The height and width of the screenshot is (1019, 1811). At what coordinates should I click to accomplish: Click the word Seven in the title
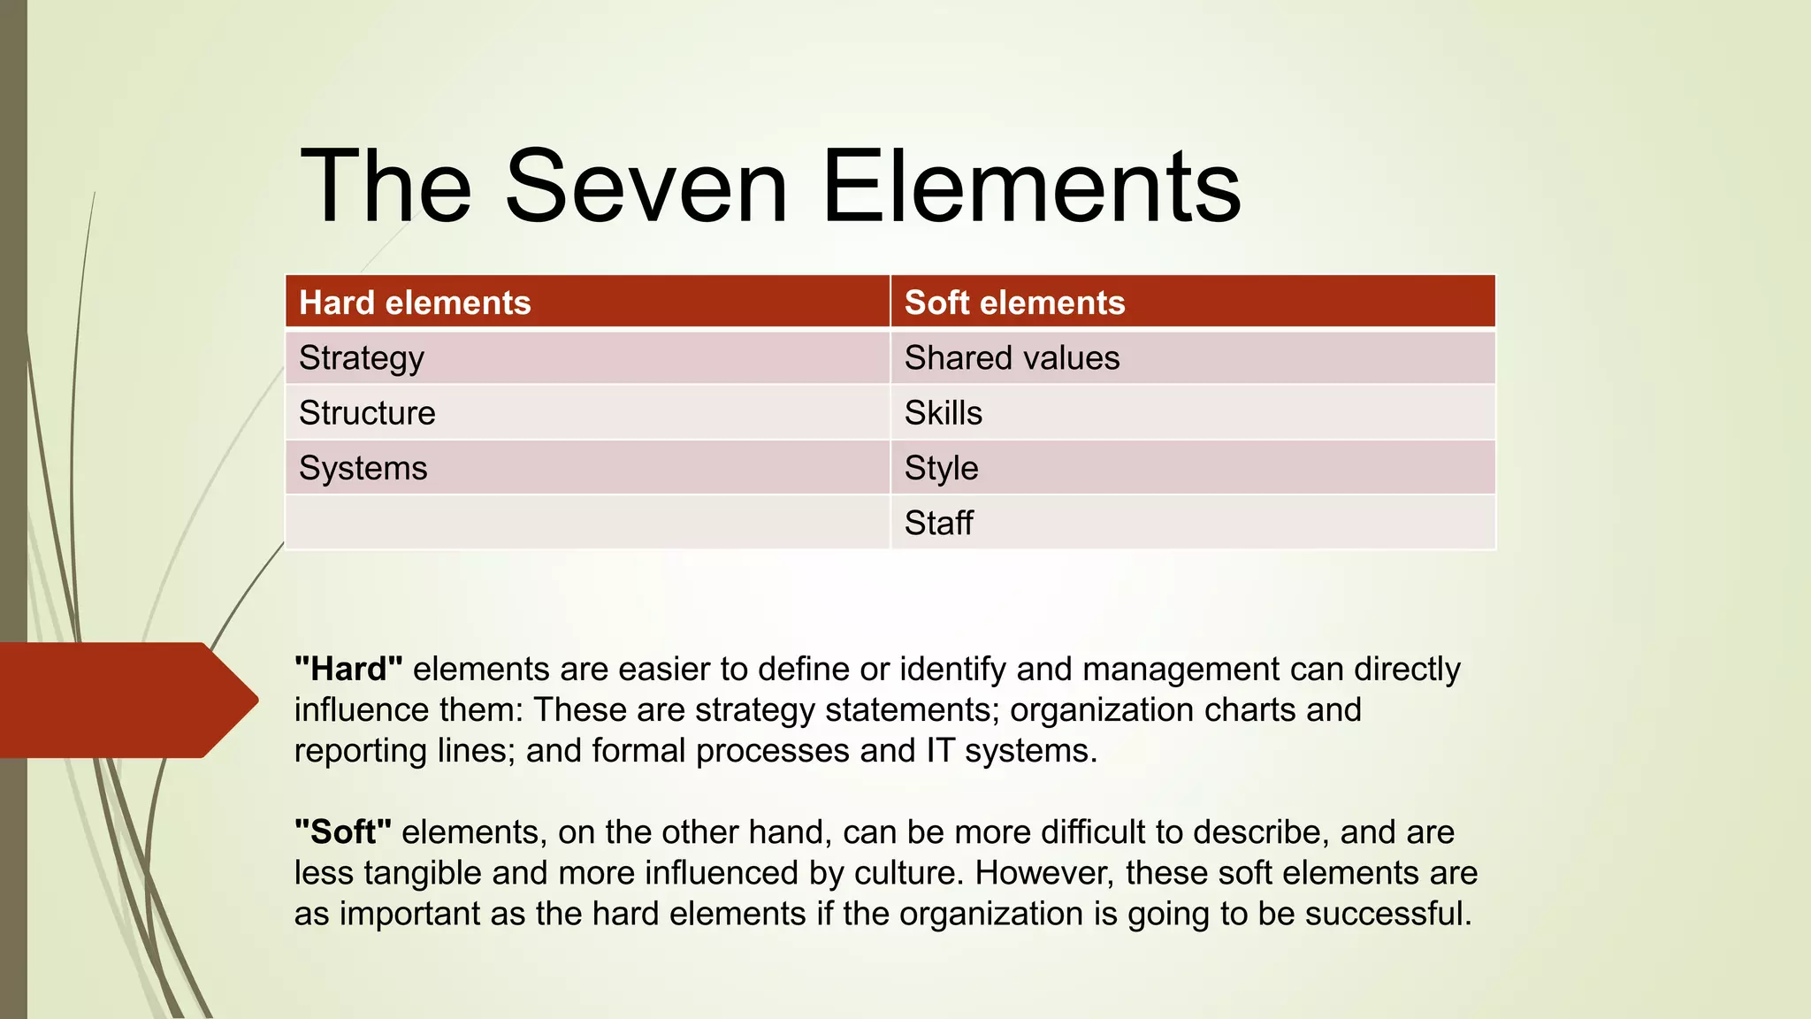[646, 187]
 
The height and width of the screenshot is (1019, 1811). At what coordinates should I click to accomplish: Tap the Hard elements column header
[415, 303]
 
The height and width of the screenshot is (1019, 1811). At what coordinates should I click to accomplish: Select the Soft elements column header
[1014, 303]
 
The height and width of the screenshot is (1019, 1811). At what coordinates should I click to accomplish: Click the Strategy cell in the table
[362, 358]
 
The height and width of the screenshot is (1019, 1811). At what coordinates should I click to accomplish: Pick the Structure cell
[367, 413]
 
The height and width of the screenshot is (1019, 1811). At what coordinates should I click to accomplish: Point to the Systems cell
[363, 468]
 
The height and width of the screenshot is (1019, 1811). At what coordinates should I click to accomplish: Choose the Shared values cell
[1012, 358]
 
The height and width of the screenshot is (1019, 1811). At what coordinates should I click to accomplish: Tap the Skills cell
[943, 413]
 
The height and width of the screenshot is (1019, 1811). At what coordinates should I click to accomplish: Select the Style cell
[941, 468]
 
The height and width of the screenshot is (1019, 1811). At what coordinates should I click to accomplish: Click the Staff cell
[938, 523]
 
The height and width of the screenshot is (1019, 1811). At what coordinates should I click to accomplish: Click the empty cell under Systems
[587, 523]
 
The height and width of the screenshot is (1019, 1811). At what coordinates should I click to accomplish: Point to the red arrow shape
[124, 700]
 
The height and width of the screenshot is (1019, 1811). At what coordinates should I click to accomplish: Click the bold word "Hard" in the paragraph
[348, 670]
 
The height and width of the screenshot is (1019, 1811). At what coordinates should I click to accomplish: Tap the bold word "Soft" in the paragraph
[343, 832]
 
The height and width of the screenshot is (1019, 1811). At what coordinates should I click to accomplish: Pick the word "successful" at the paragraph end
[1387, 914]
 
